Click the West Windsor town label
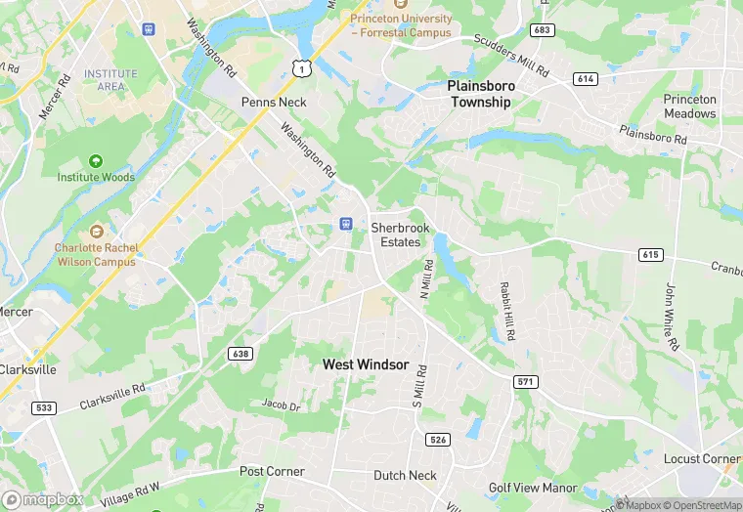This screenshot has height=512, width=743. point(366,364)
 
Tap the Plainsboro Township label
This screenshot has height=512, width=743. point(479,94)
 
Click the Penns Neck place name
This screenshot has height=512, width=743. point(274,102)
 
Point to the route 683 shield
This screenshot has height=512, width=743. point(543,30)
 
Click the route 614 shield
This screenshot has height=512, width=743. point(586,79)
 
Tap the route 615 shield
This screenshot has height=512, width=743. point(651,254)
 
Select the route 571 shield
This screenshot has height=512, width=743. point(526,381)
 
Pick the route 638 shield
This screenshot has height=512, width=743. point(240,353)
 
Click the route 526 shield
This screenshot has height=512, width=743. point(438,440)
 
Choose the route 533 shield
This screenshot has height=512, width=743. point(42,406)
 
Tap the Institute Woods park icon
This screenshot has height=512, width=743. point(96,161)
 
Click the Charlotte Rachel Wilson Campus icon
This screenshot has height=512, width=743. point(96,232)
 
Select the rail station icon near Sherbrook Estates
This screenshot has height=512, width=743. point(345,224)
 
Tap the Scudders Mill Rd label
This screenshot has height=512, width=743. point(511,55)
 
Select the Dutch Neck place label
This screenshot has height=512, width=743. point(404,476)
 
